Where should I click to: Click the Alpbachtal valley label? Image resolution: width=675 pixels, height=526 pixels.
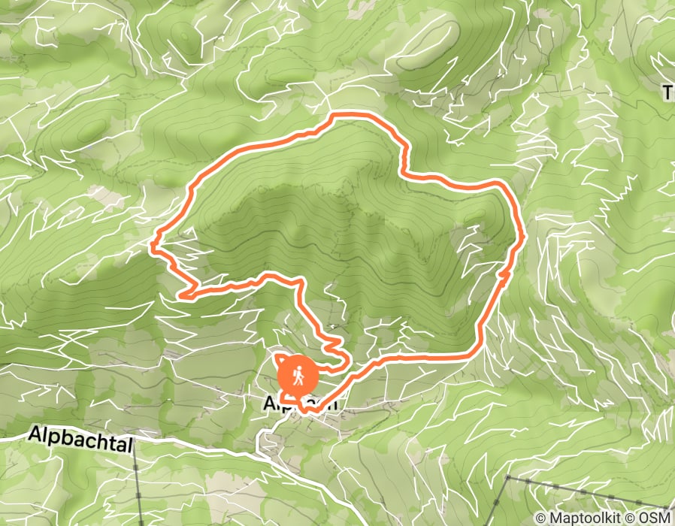pyautogui.click(x=80, y=440)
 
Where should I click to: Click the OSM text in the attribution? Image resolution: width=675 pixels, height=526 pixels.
pyautogui.click(x=657, y=518)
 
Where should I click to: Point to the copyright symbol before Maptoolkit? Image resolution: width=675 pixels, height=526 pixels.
pyautogui.click(x=540, y=518)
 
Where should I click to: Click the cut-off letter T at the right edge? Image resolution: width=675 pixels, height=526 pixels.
pyautogui.click(x=668, y=92)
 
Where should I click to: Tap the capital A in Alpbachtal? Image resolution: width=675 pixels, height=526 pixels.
pyautogui.click(x=35, y=434)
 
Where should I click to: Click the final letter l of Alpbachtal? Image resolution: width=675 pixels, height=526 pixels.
pyautogui.click(x=130, y=445)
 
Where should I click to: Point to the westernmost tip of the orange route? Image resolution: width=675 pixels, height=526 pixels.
pyautogui.click(x=153, y=244)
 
